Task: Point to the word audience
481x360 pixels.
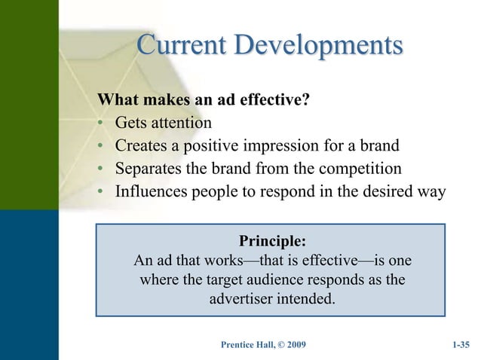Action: click(289, 280)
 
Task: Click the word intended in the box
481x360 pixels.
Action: click(305, 299)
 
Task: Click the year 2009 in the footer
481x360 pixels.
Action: click(293, 346)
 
